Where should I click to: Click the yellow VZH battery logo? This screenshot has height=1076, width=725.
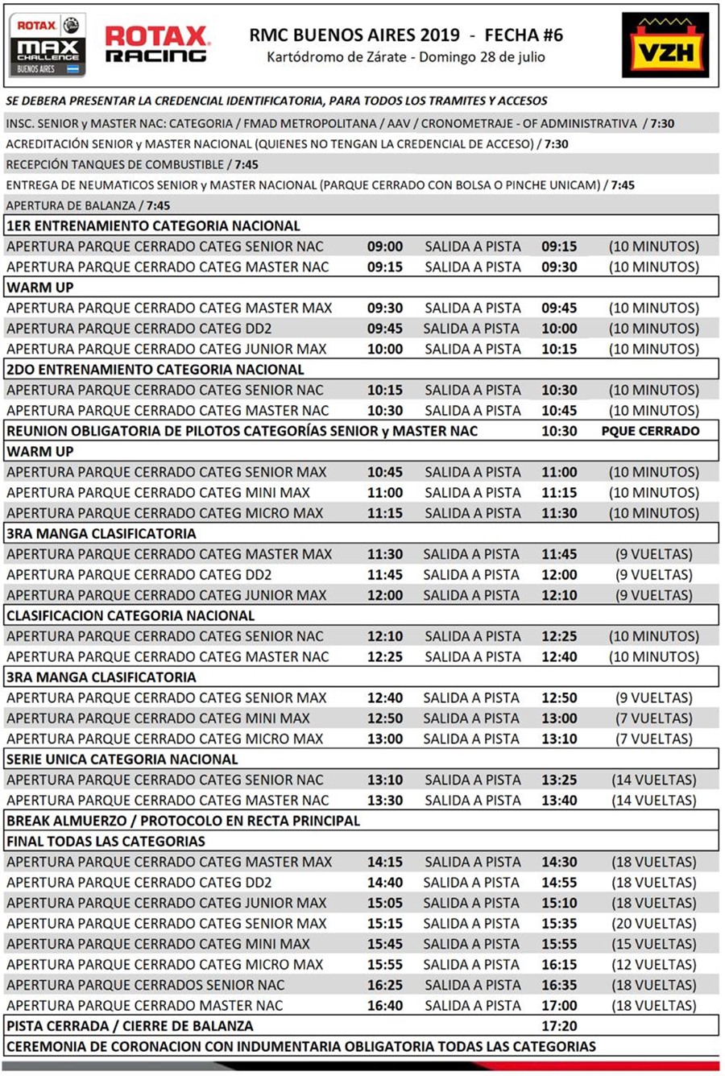pyautogui.click(x=665, y=45)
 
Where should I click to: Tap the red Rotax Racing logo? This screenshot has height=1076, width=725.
pyautogui.click(x=157, y=44)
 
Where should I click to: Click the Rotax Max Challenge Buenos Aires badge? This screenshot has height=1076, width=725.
pyautogui.click(x=48, y=45)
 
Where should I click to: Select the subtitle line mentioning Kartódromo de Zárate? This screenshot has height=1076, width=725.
pyautogui.click(x=406, y=57)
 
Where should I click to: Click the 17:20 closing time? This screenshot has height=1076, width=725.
pyautogui.click(x=559, y=1026)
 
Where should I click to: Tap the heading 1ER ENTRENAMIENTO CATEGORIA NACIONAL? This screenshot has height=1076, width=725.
pyautogui.click(x=153, y=226)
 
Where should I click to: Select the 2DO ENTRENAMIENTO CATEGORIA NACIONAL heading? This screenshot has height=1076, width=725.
pyautogui.click(x=155, y=370)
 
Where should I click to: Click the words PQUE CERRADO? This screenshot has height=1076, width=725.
pyautogui.click(x=650, y=431)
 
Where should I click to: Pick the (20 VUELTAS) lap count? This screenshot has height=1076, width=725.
pyautogui.click(x=653, y=924)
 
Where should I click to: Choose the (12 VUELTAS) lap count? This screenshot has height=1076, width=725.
pyautogui.click(x=653, y=965)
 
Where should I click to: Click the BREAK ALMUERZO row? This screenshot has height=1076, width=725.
pyautogui.click(x=184, y=821)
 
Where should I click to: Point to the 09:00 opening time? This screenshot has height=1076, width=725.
pyautogui.click(x=385, y=246)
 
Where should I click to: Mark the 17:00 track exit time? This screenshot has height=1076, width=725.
pyautogui.click(x=559, y=1006)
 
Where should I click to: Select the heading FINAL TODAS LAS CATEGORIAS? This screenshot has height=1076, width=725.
pyautogui.click(x=106, y=842)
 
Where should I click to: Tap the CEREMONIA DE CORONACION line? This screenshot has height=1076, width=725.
pyautogui.click(x=301, y=1046)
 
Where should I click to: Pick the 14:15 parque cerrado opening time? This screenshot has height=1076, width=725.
pyautogui.click(x=385, y=862)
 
